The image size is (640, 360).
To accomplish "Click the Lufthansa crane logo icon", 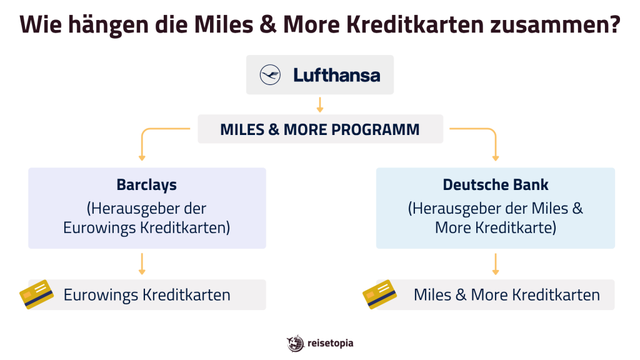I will click(271, 76).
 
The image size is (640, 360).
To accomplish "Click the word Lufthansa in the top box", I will click(336, 76).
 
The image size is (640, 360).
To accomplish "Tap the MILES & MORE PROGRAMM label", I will click(320, 129).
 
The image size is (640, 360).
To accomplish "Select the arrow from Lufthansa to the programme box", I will click(320, 104).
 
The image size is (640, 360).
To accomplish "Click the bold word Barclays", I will click(146, 185).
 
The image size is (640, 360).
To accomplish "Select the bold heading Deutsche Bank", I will click(495, 185).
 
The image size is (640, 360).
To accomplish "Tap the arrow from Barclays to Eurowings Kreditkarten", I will click(142, 264).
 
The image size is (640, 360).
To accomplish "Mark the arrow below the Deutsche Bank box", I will click(496, 264).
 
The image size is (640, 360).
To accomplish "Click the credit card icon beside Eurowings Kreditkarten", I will click(37, 294).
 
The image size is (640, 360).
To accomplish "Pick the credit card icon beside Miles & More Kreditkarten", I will click(380, 294).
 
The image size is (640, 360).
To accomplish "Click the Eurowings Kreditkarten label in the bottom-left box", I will click(147, 295).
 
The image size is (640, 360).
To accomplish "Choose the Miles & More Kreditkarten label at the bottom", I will click(506, 295).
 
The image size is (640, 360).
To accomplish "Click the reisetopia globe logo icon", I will click(295, 343).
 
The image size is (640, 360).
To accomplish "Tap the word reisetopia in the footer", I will click(331, 343).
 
